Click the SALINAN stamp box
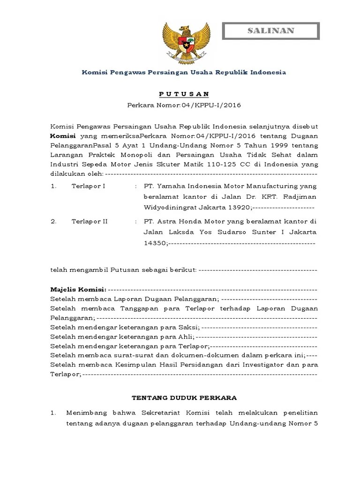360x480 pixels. pos(270,31)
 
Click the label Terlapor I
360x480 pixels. pos(88,186)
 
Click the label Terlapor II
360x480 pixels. pos(90,221)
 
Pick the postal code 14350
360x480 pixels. pos(155,243)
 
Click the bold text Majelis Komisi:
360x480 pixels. pos(78,289)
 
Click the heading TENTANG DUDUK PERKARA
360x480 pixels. pos(184,397)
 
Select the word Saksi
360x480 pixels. pos(189,327)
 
